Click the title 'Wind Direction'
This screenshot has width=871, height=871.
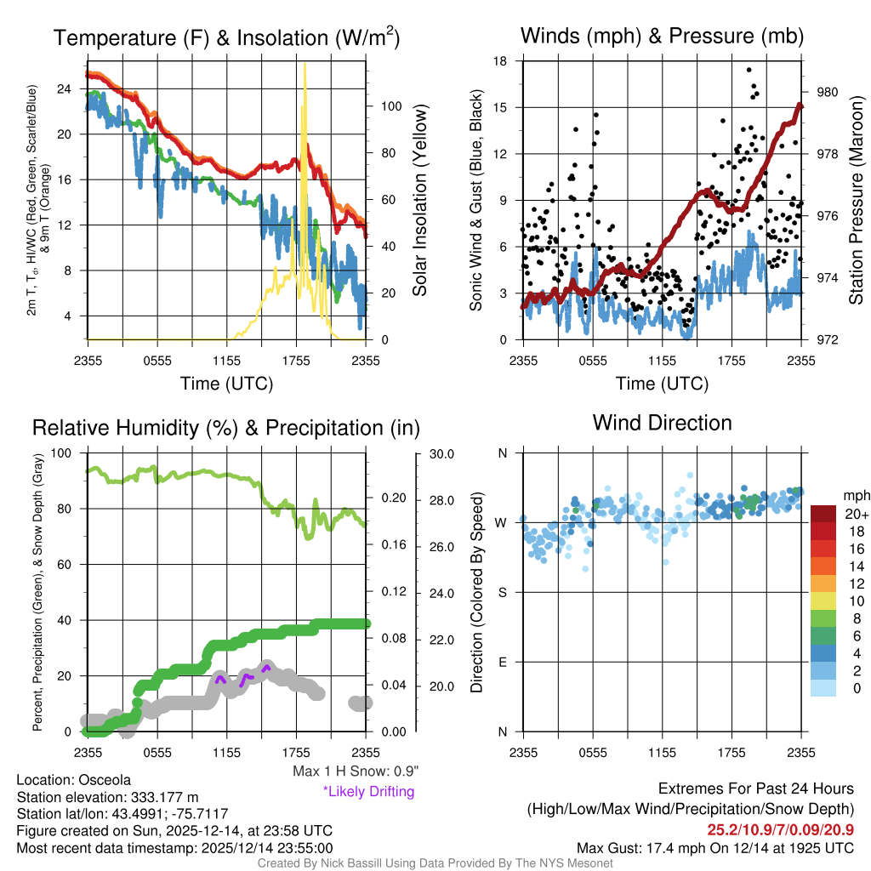662,423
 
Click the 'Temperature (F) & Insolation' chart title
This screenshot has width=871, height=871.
226,38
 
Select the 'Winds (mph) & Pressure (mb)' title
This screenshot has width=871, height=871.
662,36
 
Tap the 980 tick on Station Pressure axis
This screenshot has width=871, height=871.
827,92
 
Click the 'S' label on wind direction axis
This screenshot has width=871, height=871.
502,592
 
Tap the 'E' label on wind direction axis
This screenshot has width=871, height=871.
502,662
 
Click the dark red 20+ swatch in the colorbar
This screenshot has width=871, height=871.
824,514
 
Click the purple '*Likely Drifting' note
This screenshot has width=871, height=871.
368,791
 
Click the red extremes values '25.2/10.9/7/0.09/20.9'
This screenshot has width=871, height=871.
780,829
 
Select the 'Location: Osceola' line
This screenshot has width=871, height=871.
74,779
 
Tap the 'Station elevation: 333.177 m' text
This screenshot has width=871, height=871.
107,796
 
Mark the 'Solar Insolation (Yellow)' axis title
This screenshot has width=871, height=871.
419,201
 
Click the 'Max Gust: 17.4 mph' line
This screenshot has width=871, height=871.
714,847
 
